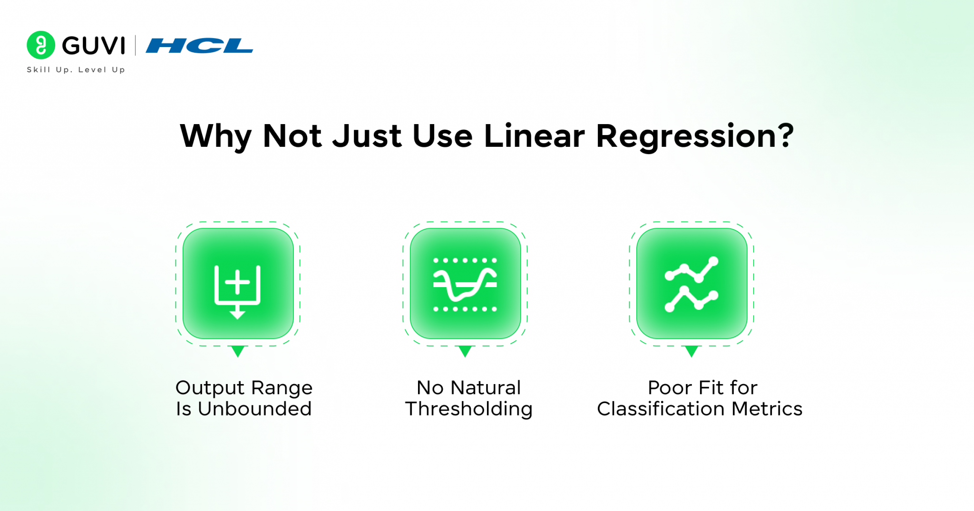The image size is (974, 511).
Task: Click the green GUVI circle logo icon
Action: coord(41,45)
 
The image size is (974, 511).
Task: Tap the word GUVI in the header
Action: coord(94,46)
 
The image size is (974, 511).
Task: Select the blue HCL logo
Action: coord(199,46)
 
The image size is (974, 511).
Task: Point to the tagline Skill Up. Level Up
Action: coord(76,70)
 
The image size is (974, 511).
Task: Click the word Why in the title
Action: coord(215,136)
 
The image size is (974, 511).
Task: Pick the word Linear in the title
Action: coord(534,136)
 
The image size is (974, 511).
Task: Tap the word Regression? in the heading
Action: coord(694,137)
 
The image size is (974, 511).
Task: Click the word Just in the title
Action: coord(367,136)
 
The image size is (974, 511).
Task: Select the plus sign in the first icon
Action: coord(237,282)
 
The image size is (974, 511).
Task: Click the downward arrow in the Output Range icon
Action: coord(237,314)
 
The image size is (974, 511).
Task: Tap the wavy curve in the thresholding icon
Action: coord(465,285)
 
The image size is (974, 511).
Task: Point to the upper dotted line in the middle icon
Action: coord(465,260)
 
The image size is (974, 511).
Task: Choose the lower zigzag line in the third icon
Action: coord(692,299)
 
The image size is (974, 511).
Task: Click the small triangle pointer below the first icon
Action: coord(237,351)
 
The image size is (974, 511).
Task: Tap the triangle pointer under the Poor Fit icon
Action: coord(692,351)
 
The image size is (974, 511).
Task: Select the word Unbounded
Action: coord(254,409)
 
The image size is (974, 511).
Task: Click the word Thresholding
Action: coord(468,409)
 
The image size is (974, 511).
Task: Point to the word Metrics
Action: coord(767,409)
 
